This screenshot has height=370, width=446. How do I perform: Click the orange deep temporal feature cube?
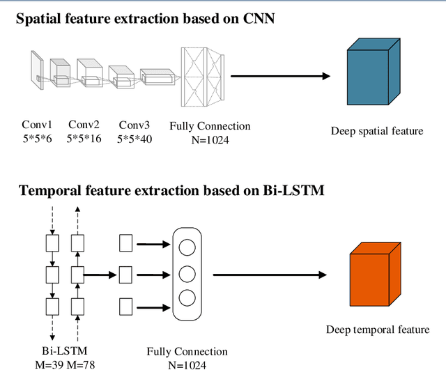coord(374,275)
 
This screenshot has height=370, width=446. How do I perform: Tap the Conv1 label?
coord(36,125)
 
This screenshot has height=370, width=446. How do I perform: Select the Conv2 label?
coord(83,125)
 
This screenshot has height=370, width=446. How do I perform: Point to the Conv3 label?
coord(134,125)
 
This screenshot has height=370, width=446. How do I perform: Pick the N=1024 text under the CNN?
coord(209,139)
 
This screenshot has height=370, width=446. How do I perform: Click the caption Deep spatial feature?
coord(376,131)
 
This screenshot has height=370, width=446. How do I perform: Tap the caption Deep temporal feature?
coord(376,330)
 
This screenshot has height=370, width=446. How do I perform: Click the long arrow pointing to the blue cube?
coord(276,75)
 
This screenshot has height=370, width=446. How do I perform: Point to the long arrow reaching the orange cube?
coord(268,275)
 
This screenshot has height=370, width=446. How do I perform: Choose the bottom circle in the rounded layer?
coord(187,298)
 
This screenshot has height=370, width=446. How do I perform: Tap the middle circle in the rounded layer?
coord(187,272)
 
